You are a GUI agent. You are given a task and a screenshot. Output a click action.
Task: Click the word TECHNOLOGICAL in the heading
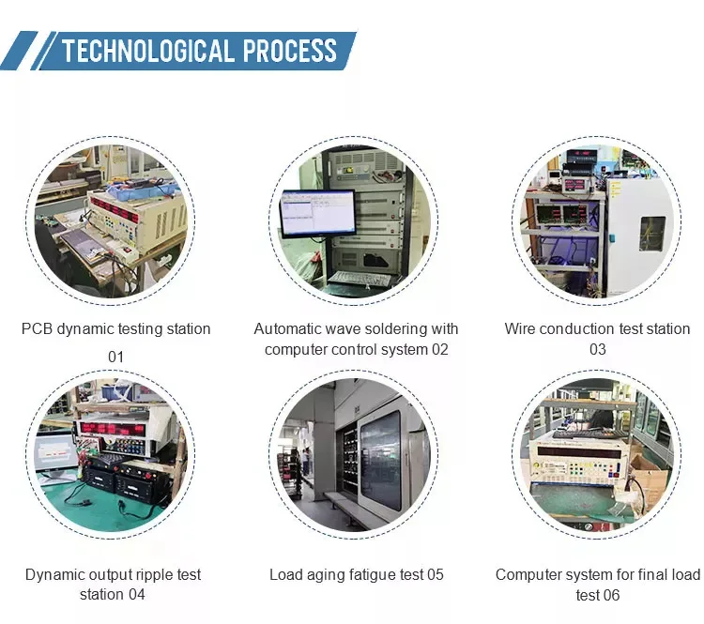tap(147, 50)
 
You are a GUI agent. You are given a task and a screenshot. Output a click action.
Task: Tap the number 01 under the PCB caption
tap(115, 357)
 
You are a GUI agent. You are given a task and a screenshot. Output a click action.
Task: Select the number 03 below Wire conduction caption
tap(598, 349)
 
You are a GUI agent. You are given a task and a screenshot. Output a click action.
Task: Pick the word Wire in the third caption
tap(521, 329)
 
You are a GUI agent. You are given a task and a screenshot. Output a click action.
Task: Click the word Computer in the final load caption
tap(528, 574)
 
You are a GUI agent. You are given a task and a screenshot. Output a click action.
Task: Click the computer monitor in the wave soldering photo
tap(318, 213)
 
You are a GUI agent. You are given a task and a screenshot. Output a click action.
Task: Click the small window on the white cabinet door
tap(652, 234)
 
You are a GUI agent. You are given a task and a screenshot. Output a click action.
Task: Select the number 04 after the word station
tap(136, 595)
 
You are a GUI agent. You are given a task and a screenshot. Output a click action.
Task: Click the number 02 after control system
tap(439, 349)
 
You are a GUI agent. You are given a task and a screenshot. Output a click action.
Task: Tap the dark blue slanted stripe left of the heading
tap(19, 51)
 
